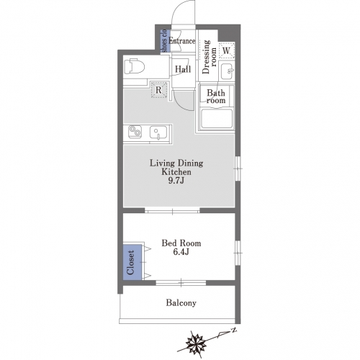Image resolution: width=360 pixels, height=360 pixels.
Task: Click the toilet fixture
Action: tap(135, 66)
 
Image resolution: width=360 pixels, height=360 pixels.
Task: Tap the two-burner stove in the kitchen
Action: tap(135, 132)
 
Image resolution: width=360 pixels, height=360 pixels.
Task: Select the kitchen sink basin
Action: tap(158, 132)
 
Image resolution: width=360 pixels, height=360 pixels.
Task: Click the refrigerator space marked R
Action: tap(158, 90)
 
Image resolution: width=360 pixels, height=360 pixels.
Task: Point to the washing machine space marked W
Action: tap(226, 50)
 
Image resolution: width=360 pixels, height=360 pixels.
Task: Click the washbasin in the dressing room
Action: tap(228, 71)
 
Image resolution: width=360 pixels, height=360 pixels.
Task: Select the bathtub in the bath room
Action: tap(217, 119)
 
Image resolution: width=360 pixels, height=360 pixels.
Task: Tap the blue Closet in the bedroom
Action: tap(132, 262)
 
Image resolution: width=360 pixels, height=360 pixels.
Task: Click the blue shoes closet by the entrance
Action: tap(165, 41)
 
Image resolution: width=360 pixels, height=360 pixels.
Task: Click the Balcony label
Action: tap(181, 303)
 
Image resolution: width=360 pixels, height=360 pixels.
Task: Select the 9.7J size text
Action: tap(176, 181)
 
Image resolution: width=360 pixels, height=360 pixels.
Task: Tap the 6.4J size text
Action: tap(181, 252)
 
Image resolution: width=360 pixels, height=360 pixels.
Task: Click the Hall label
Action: tap(183, 69)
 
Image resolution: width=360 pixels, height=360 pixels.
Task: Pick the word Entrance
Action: tap(182, 41)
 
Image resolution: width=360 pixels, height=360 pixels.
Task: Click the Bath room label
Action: tap(216, 96)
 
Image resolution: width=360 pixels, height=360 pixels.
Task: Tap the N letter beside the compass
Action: tap(233, 330)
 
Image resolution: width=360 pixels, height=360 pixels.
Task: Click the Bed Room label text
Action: tap(181, 243)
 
